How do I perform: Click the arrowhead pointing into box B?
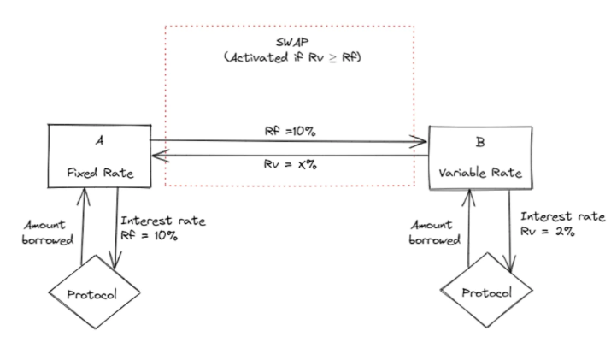tap(420, 142)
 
